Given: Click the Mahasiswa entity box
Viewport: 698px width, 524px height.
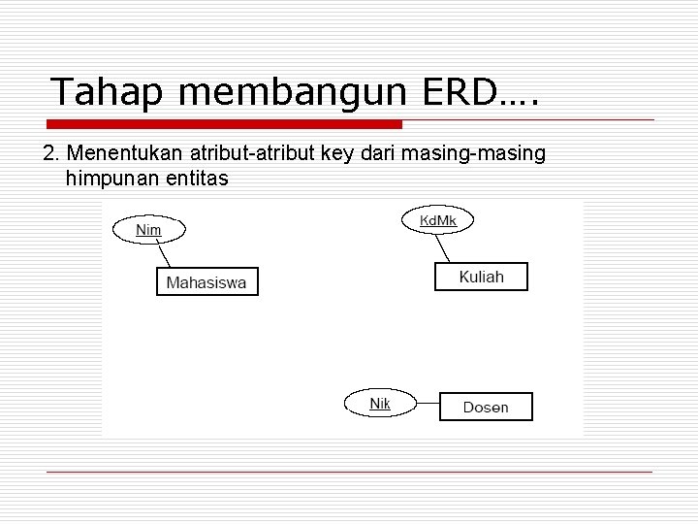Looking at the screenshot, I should [206, 282].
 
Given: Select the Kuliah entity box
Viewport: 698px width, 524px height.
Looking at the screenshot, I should [481, 277].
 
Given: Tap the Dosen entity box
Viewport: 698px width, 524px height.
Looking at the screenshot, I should [486, 407].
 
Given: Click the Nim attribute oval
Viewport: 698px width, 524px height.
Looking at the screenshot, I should [148, 230].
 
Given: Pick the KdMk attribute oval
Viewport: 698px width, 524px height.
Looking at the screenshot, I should [437, 221].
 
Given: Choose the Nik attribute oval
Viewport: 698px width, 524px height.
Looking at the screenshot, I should [380, 403].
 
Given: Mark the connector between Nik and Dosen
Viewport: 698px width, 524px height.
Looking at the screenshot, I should [427, 405].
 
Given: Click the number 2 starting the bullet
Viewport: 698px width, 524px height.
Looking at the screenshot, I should [49, 155].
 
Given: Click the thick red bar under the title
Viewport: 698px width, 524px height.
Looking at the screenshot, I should [225, 124].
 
